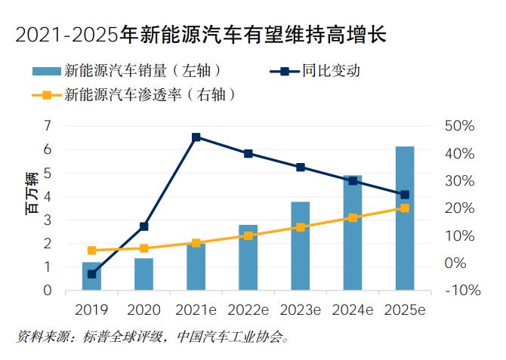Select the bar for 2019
tap(91, 276)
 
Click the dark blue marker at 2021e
tap(196, 137)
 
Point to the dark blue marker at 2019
tap(91, 274)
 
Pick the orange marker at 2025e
tap(405, 208)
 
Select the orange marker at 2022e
tap(248, 235)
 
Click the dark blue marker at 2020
tap(143, 226)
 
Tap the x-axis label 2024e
tap(353, 310)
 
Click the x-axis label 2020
tap(143, 310)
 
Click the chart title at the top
tap(199, 32)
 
